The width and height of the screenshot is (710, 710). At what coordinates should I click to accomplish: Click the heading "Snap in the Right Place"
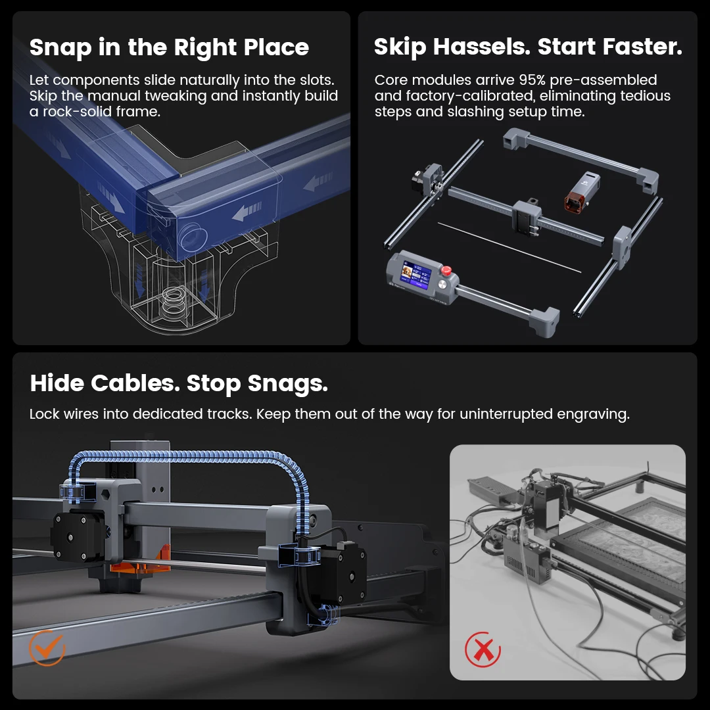169,47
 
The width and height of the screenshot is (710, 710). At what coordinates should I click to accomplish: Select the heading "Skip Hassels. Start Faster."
528,47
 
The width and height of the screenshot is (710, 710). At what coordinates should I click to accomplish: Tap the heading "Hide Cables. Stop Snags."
179,383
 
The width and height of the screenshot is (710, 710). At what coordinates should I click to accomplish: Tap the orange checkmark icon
47,648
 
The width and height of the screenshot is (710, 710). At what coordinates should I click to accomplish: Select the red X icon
483,650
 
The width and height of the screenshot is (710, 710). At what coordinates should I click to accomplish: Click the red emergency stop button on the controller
446,270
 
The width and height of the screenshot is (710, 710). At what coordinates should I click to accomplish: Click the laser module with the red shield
582,191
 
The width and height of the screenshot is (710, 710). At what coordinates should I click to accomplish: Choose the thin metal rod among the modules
509,248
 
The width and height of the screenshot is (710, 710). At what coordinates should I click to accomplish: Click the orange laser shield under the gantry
141,561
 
